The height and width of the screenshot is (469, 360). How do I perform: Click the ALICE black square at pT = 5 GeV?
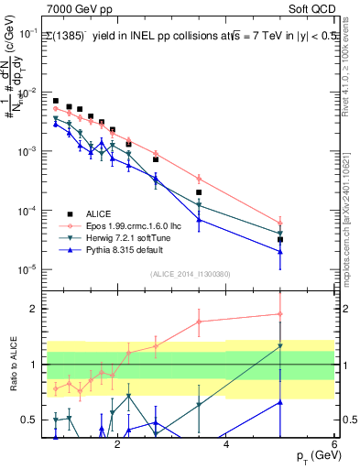pyautogui.click(x=280, y=240)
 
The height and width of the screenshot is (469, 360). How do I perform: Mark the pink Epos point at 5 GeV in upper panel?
pyautogui.click(x=280, y=224)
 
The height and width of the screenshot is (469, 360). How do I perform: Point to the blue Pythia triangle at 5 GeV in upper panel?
pyautogui.click(x=280, y=252)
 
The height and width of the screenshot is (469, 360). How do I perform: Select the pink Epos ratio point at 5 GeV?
pyautogui.click(x=280, y=314)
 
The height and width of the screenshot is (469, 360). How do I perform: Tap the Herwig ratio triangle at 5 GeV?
pyautogui.click(x=280, y=346)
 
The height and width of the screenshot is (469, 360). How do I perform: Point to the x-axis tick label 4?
pyautogui.click(x=225, y=442)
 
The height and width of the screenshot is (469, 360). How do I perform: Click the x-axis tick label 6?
pyautogui.click(x=334, y=442)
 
